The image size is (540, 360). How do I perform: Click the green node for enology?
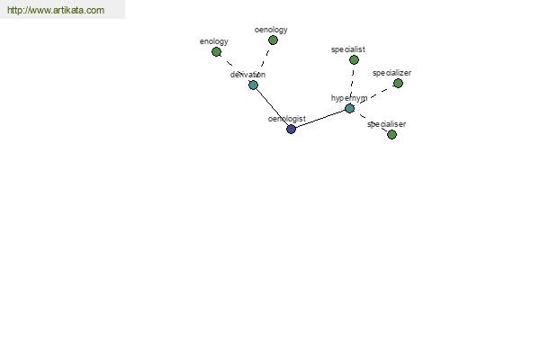pyautogui.click(x=216, y=52)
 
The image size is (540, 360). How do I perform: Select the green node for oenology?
pyautogui.click(x=273, y=40)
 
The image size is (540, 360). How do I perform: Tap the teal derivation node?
pyautogui.click(x=253, y=85)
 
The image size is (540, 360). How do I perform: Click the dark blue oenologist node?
pyautogui.click(x=291, y=130)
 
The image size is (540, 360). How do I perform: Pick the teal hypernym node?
pyautogui.click(x=349, y=109)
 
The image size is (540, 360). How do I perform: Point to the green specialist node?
pyautogui.click(x=354, y=60)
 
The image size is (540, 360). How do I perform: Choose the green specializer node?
pyautogui.click(x=398, y=84)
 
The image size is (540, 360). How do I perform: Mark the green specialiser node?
pyautogui.click(x=391, y=135)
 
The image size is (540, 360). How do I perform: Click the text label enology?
pyautogui.click(x=214, y=41)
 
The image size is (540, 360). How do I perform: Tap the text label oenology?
pyautogui.click(x=271, y=30)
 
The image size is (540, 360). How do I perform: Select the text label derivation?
pyautogui.click(x=247, y=75)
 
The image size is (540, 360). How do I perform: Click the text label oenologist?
pyautogui.click(x=287, y=119)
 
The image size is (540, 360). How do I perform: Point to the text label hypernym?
pyautogui.click(x=349, y=98)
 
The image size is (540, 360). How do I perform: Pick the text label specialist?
pyautogui.click(x=348, y=49)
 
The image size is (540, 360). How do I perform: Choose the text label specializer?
pyautogui.click(x=391, y=73)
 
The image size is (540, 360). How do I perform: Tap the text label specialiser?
pyautogui.click(x=387, y=124)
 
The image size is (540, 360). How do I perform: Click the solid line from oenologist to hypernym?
pyautogui.click(x=320, y=119)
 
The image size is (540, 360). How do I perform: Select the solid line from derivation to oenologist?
pyautogui.click(x=272, y=107)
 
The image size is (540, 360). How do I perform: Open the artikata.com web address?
pyautogui.click(x=56, y=10)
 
